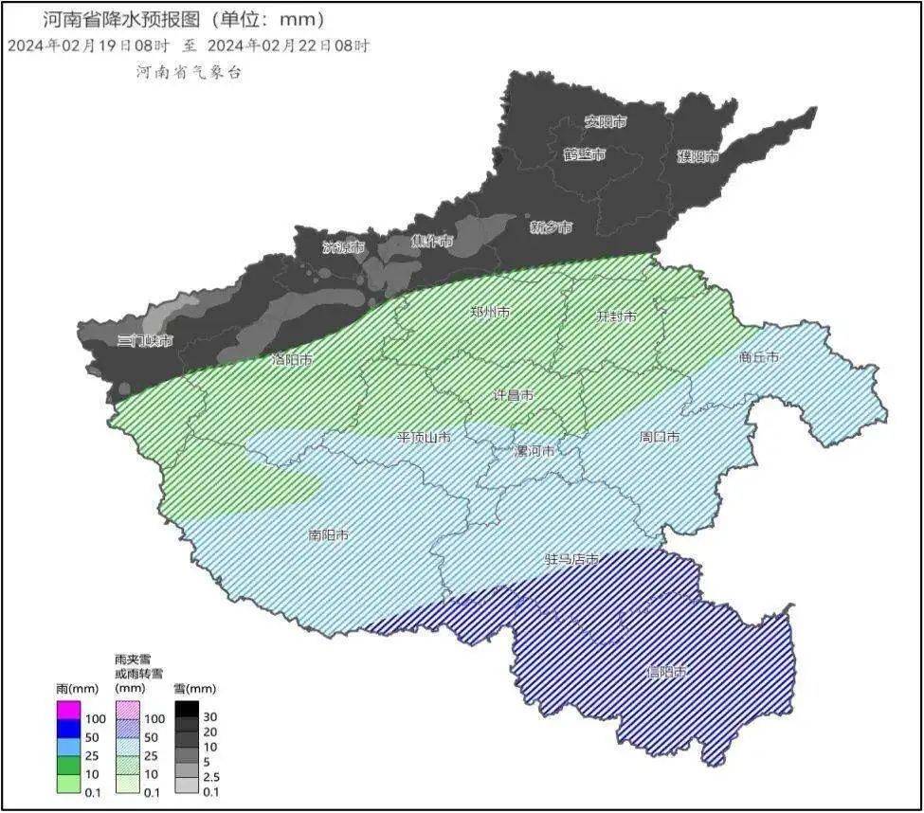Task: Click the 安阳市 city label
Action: point(605,122)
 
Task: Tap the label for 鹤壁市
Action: point(584,154)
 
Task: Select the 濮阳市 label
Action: point(698,157)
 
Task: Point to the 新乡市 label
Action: point(551,227)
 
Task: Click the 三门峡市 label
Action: point(144,340)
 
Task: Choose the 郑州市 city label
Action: point(491,312)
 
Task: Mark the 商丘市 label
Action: point(758,357)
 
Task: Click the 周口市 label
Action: point(660,437)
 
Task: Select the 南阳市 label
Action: point(329,535)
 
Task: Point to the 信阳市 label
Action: point(665,672)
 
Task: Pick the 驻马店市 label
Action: point(571,560)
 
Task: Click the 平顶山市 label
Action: point(424,438)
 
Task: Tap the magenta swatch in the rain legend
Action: point(68,709)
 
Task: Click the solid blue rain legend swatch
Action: point(68,728)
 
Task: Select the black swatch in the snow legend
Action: point(187,709)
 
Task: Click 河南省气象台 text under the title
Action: point(189,73)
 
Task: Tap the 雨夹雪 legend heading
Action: point(132,659)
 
